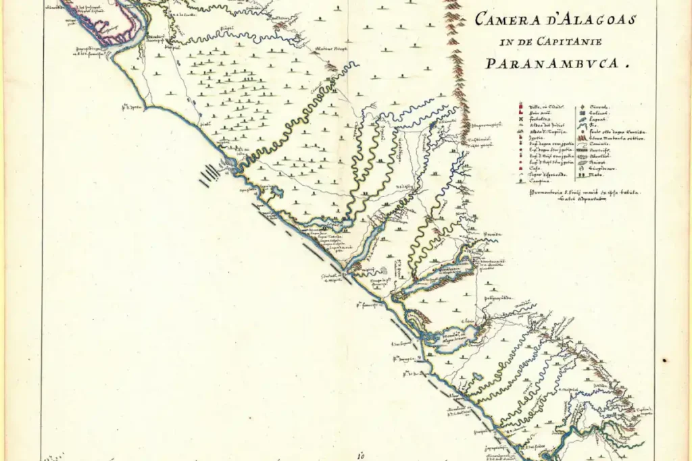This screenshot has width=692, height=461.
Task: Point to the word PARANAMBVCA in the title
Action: [553, 65]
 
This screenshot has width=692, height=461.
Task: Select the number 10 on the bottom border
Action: [362, 454]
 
